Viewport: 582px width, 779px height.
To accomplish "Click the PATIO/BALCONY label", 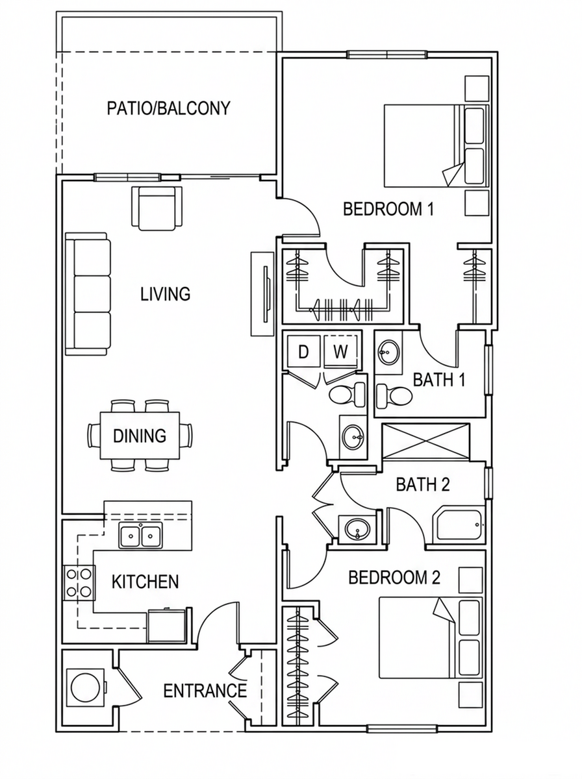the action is (169, 108).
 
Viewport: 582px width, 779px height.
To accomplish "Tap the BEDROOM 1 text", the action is (388, 208).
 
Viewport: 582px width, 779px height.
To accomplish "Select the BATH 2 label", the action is (423, 484).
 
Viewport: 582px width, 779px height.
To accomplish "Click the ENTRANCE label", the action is (205, 700).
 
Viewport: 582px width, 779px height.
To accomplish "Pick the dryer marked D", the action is (303, 351).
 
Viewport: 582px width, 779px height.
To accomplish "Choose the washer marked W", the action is (340, 351).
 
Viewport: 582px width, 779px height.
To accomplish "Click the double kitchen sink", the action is (140, 536).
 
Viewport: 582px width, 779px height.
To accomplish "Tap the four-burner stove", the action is (79, 582).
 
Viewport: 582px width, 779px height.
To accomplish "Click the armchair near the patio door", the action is (157, 208).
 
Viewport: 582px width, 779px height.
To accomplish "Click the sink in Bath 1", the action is (389, 352).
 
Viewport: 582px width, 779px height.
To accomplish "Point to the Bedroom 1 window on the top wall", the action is (387, 55).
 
